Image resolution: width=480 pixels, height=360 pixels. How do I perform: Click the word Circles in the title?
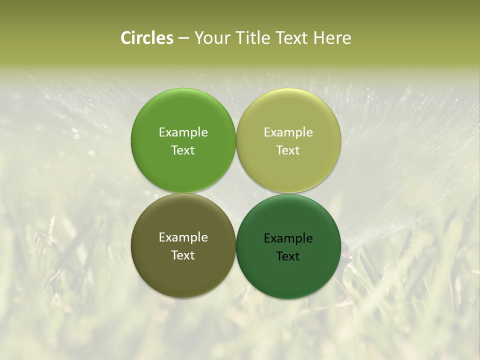tap(146, 38)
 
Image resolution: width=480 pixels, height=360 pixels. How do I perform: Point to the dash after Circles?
tap(183, 38)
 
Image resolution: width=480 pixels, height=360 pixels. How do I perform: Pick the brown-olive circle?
tap(183, 270)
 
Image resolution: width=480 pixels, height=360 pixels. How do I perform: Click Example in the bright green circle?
tap(183, 132)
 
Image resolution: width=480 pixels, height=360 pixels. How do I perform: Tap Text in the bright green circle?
tap(183, 150)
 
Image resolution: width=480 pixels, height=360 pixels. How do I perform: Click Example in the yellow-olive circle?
tap(288, 132)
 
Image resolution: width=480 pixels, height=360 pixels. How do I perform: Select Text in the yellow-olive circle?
tap(288, 150)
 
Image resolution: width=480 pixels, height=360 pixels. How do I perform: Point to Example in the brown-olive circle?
tap(183, 237)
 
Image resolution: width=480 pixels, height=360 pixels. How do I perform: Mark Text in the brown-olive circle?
tap(183, 255)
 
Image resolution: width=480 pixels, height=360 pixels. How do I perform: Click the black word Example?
tap(288, 238)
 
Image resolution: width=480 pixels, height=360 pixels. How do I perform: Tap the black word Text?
tap(288, 256)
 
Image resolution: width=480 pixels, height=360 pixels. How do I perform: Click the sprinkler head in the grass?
tap(347, 245)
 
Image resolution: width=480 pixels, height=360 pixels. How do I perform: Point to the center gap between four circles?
tap(236, 193)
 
